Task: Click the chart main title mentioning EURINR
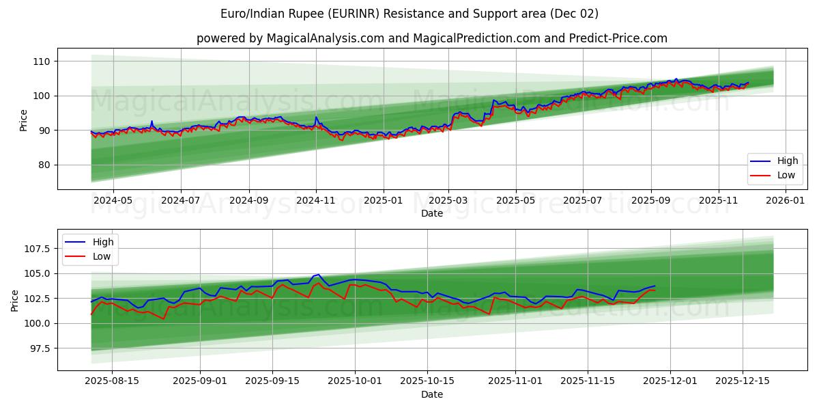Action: pyautogui.click(x=409, y=14)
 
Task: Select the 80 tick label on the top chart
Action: pyautogui.click(x=44, y=165)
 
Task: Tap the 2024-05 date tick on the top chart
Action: pyautogui.click(x=113, y=200)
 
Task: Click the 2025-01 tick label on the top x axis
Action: pyautogui.click(x=383, y=200)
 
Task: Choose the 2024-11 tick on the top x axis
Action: pyautogui.click(x=315, y=200)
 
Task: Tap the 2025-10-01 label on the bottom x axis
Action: pyautogui.click(x=354, y=381)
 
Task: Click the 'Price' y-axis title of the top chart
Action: pyautogui.click(x=24, y=120)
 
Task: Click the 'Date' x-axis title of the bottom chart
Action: pyautogui.click(x=431, y=394)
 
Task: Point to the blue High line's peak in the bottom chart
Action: pyautogui.click(x=318, y=275)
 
